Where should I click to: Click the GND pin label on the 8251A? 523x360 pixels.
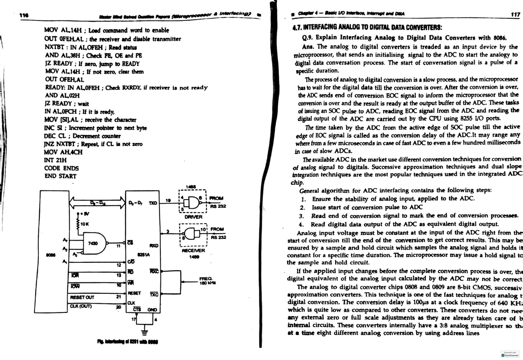(x=152, y=309)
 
